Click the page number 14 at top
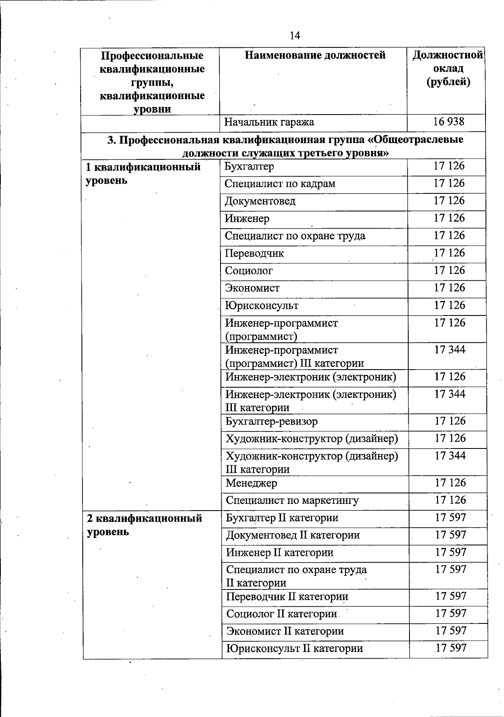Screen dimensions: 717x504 [295, 36]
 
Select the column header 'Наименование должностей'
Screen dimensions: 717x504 [315, 55]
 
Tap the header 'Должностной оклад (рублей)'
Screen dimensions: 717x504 [448, 68]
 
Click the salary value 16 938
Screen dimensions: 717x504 [449, 122]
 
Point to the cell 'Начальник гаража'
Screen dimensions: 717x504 [269, 123]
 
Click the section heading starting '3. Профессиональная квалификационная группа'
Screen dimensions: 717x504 [285, 146]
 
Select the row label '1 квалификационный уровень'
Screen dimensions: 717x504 [143, 174]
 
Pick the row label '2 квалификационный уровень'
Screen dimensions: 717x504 [144, 525]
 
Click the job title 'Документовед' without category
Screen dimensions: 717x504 [260, 201]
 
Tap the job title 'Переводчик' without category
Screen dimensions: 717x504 [254, 253]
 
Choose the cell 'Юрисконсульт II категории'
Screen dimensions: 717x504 [294, 649]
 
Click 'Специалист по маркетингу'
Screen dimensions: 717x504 [292, 501]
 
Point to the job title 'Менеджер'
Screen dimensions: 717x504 [251, 483]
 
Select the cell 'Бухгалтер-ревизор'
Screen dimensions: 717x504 [271, 421]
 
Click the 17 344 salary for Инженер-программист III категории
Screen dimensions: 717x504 [450, 349]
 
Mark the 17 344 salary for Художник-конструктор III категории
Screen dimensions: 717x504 [450, 456]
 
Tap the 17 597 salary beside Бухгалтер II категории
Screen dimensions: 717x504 [451, 518]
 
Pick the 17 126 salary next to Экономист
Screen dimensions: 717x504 [449, 288]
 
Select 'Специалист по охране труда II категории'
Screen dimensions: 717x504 [296, 576]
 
